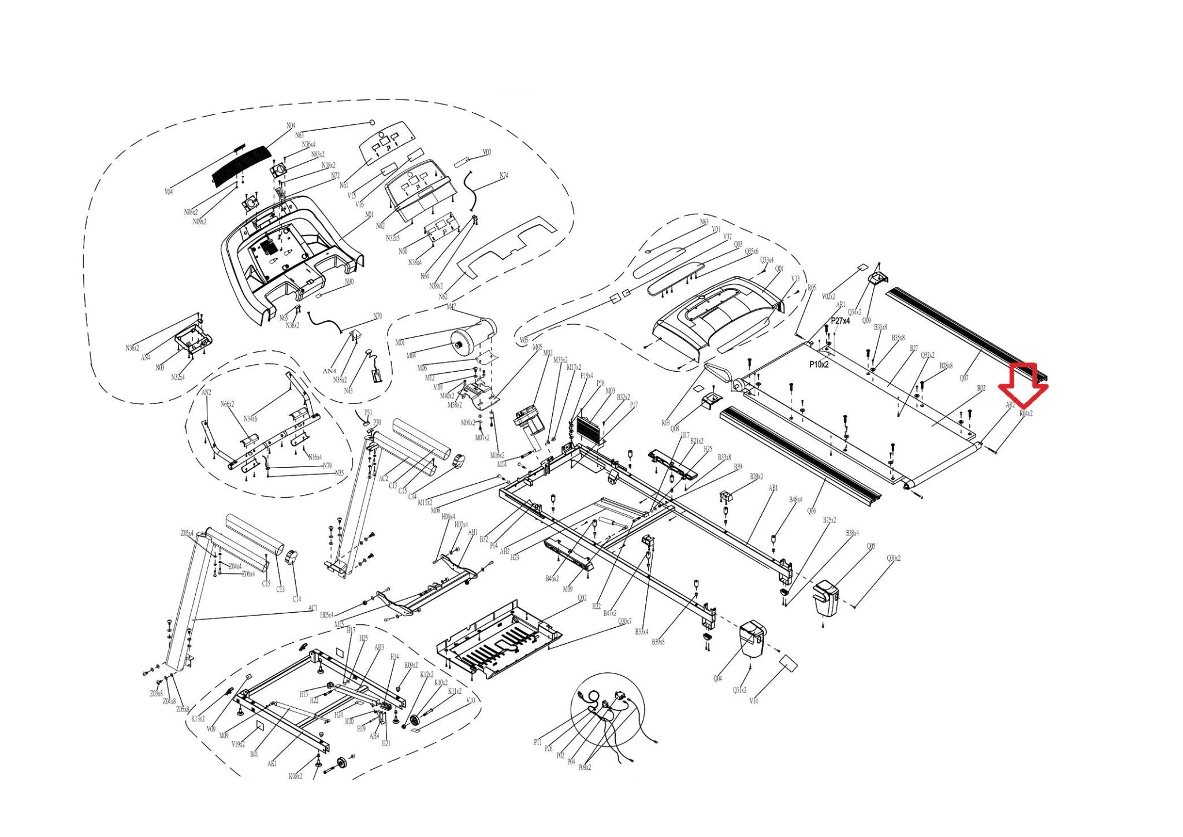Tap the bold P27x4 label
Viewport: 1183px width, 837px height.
(840, 320)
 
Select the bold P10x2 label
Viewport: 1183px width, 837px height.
(819, 365)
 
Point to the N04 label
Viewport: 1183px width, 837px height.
(291, 125)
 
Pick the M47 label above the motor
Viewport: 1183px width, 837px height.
(451, 307)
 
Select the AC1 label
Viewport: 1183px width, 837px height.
(313, 608)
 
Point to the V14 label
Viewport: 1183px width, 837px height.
(753, 701)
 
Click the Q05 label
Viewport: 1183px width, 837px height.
(871, 546)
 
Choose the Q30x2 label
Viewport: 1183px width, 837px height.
(894, 558)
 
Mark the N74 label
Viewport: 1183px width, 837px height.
(504, 176)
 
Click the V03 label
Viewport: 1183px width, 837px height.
(487, 153)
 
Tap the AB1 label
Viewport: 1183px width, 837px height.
(773, 488)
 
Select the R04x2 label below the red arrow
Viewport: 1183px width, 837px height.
(1026, 414)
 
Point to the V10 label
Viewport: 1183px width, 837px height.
(470, 700)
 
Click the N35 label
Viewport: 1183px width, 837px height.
(339, 473)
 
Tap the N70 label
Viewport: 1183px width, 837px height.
(377, 316)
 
